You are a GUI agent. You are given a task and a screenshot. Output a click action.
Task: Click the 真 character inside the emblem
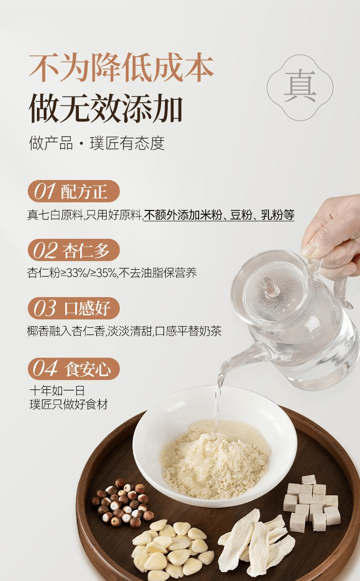click(x=300, y=87)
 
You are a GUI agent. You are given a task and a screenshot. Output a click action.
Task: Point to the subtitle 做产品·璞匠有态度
click(x=97, y=143)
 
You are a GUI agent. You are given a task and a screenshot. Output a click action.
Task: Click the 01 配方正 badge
click(x=73, y=191)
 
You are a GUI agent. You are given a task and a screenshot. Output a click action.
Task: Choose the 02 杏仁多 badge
click(x=73, y=250)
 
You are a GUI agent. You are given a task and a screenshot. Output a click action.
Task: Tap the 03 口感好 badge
click(x=73, y=308)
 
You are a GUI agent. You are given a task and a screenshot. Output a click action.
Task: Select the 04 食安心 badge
click(x=73, y=369)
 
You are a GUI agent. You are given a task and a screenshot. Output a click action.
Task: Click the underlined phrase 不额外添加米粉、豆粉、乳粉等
click(x=219, y=215)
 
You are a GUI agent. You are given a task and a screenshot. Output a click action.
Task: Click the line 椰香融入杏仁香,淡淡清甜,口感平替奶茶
click(x=124, y=331)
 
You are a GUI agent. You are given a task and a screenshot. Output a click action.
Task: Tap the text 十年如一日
click(x=57, y=391)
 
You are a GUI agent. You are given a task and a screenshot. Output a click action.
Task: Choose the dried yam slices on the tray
click(x=255, y=542)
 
